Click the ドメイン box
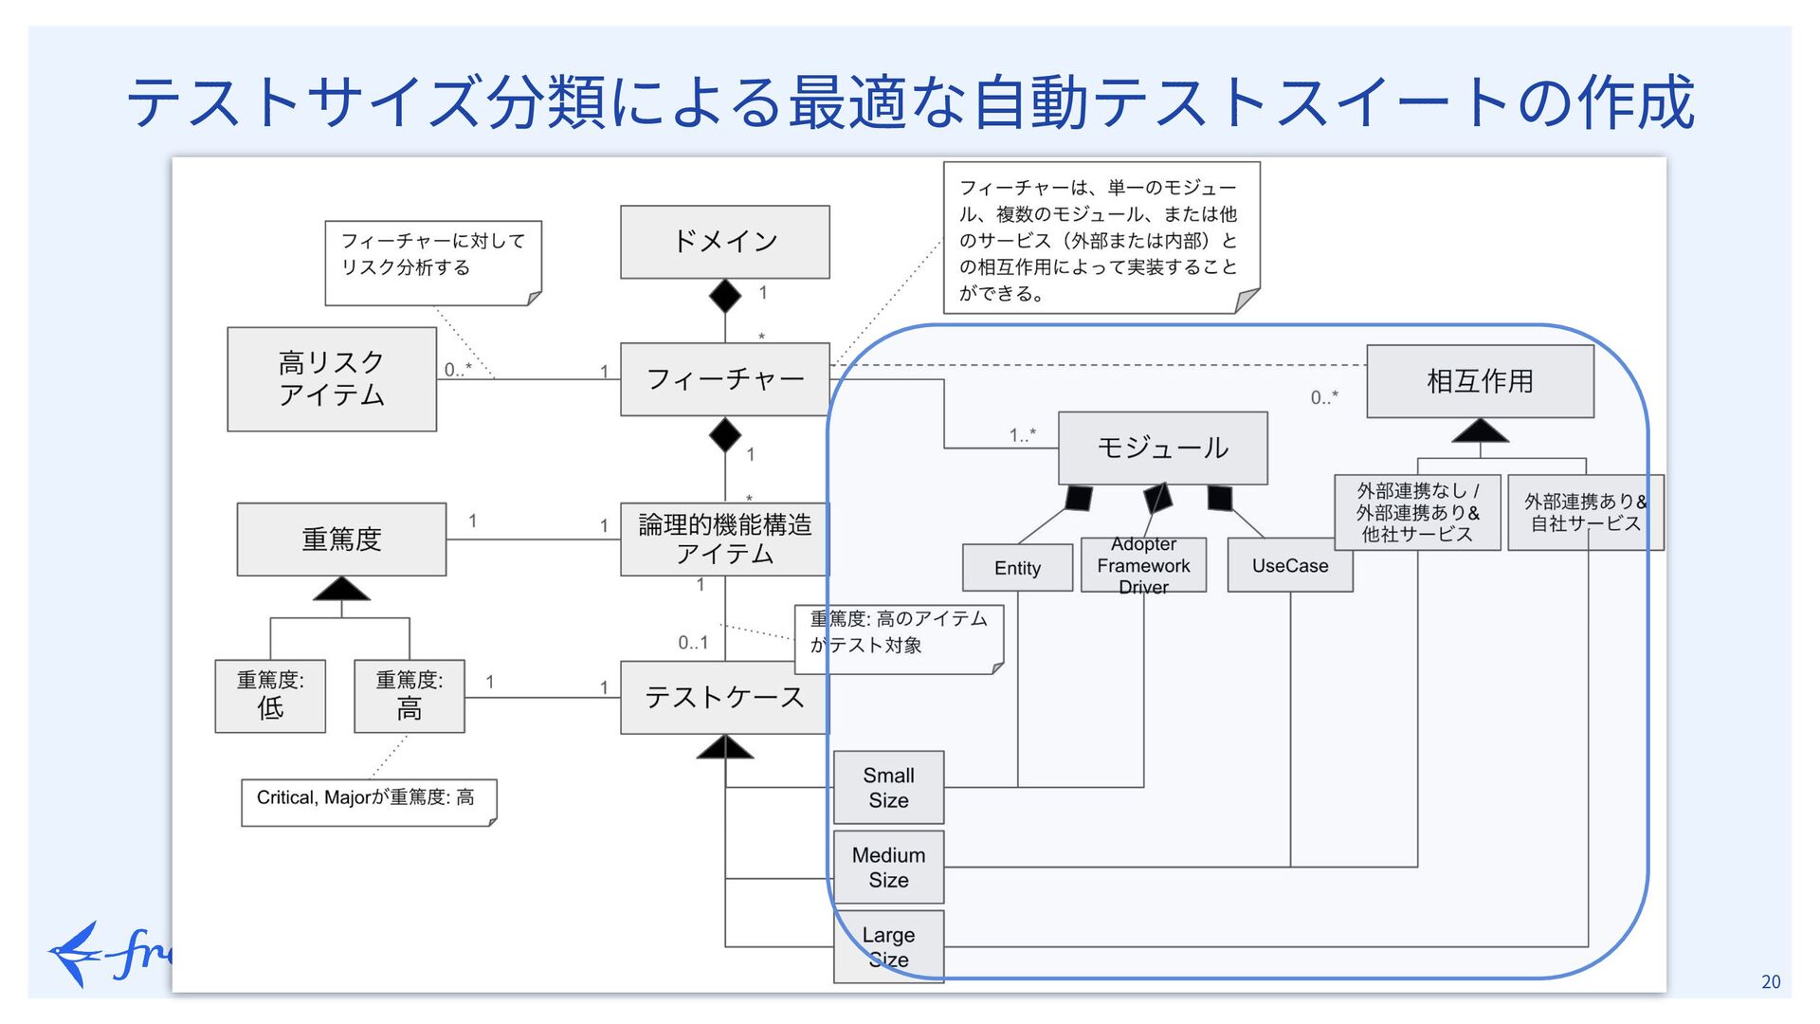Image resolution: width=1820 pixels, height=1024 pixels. (724, 242)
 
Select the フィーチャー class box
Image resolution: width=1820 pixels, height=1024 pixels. (724, 379)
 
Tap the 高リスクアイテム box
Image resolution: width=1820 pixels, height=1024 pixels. (332, 379)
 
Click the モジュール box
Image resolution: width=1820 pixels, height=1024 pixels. (1162, 448)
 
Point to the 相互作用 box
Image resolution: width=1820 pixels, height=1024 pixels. (1480, 381)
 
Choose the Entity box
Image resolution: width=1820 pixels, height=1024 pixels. (1017, 568)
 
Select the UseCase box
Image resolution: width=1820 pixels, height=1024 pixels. (1289, 566)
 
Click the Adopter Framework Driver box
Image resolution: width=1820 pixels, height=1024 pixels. (1143, 566)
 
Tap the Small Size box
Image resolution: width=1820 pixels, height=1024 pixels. (888, 788)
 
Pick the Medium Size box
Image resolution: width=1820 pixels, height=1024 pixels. (888, 868)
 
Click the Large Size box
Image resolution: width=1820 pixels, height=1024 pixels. (888, 947)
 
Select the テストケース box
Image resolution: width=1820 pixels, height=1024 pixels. (724, 698)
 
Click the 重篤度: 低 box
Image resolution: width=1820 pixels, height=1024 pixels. (270, 696)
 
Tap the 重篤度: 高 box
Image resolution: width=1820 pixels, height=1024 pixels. (409, 696)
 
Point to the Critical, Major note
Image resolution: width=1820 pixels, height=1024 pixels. (368, 801)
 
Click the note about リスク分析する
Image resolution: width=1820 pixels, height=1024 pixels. (432, 263)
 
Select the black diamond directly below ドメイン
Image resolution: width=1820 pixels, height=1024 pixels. (725, 296)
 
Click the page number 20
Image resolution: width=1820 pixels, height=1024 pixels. (1771, 982)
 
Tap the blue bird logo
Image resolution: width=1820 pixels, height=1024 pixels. (76, 953)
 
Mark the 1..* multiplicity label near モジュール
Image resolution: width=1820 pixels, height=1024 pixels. (1022, 435)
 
